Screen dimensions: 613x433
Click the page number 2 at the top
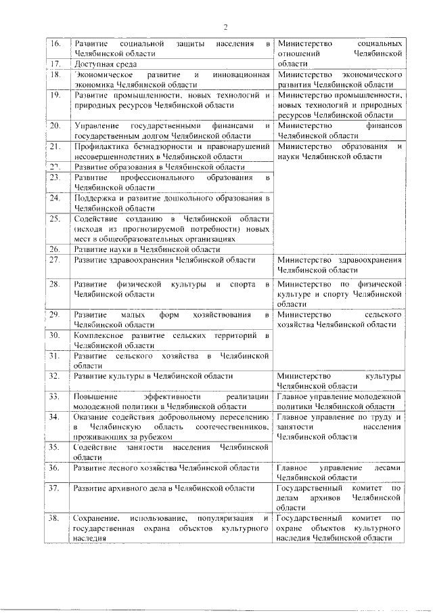[226, 26]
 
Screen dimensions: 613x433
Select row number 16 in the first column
[57, 43]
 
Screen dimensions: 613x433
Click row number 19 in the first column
[57, 96]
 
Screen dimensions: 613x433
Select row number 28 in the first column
[57, 284]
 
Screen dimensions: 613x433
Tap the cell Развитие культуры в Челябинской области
[154, 375]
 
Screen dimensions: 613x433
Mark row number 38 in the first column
[57, 519]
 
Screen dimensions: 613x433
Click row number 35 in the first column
[57, 448]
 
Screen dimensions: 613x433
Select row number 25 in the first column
[57, 219]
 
